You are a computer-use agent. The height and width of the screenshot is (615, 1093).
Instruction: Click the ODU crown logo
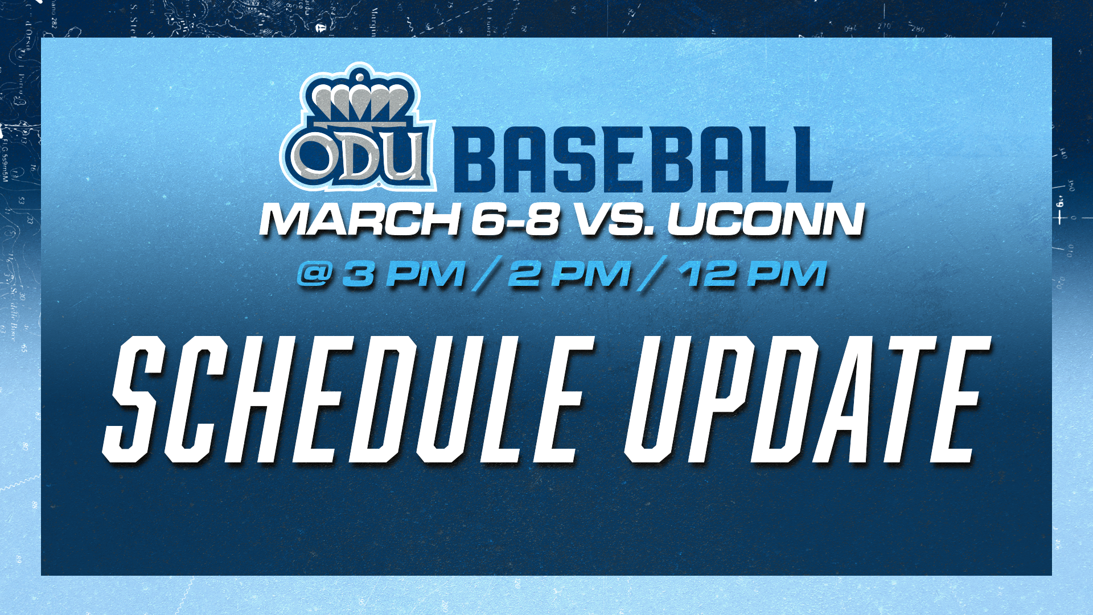(358, 128)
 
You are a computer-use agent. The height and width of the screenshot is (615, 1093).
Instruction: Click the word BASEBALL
(643, 160)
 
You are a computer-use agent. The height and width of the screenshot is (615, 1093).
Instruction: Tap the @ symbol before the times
(315, 274)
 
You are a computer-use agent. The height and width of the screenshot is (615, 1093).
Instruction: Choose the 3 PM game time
(404, 274)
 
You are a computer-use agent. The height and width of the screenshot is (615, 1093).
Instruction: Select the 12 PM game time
(753, 274)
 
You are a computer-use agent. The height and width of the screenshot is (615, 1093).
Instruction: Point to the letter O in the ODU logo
(315, 157)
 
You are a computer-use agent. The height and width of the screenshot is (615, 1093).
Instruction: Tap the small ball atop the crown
(359, 76)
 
